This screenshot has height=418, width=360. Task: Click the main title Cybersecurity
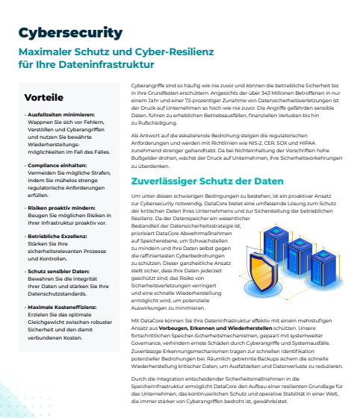(70, 32)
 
